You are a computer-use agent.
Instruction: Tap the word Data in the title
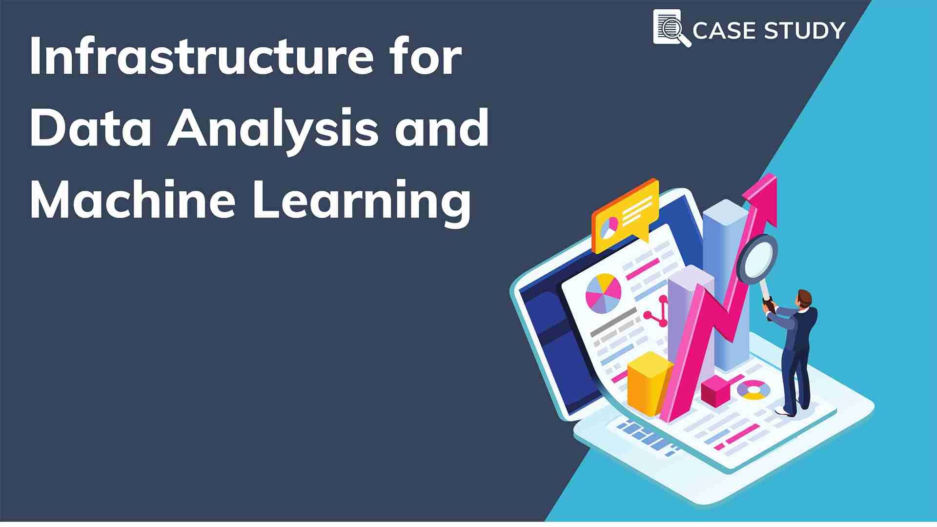(x=91, y=128)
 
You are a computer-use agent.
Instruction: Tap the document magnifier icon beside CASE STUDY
(x=672, y=28)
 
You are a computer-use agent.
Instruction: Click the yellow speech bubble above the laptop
(x=625, y=215)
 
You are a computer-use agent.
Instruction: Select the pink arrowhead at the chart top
(x=762, y=195)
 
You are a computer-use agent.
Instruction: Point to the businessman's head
(x=804, y=298)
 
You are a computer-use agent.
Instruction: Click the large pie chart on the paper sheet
(x=603, y=293)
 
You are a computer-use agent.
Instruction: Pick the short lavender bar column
(x=689, y=322)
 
